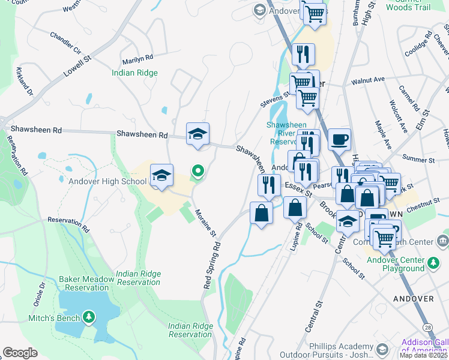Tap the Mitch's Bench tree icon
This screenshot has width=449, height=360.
pos(89,317)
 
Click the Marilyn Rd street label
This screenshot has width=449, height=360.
pos(137,59)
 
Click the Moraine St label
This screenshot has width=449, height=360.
pos(205,222)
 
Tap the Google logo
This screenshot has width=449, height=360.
pos(20,353)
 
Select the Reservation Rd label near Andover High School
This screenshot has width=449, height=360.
pos(68,225)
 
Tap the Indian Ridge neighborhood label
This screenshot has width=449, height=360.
pos(134,73)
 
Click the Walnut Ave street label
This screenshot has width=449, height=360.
pos(367,80)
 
